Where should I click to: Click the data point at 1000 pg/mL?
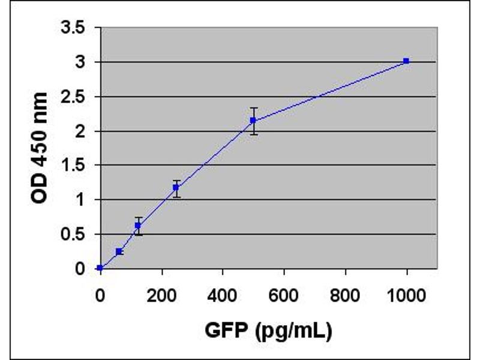[x=406, y=61]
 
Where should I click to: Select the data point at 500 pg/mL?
[x=253, y=120]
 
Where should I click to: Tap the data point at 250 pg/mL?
[x=176, y=187]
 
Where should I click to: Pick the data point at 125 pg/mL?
[x=138, y=226]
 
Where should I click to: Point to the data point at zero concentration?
[x=100, y=268]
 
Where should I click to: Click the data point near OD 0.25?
[x=119, y=251]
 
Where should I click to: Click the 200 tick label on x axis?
[x=161, y=295]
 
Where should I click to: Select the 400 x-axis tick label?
[x=223, y=295]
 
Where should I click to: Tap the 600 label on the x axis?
[x=284, y=295]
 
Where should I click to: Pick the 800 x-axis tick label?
[x=345, y=295]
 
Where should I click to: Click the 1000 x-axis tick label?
[x=406, y=295]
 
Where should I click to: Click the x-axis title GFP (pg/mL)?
[x=269, y=330]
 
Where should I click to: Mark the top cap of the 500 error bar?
[x=253, y=108]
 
